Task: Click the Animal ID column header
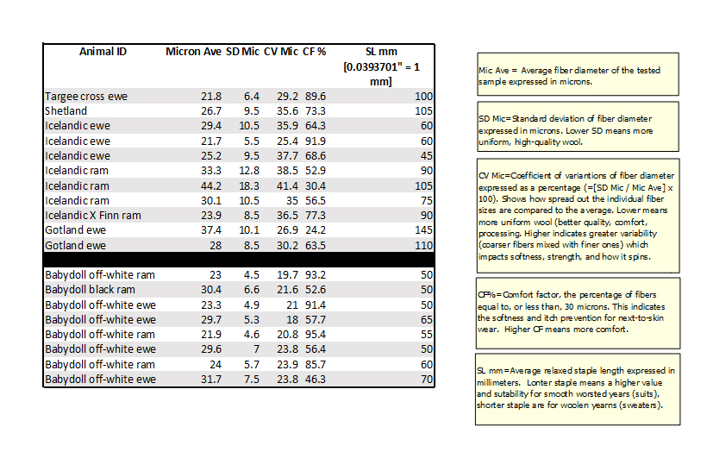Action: [x=103, y=51]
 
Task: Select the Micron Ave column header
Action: [x=193, y=51]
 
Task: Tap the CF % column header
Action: [x=314, y=51]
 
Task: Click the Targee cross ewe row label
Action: [x=85, y=97]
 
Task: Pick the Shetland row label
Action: [x=66, y=111]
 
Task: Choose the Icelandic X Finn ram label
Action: [x=92, y=216]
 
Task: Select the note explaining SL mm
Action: [x=576, y=388]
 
